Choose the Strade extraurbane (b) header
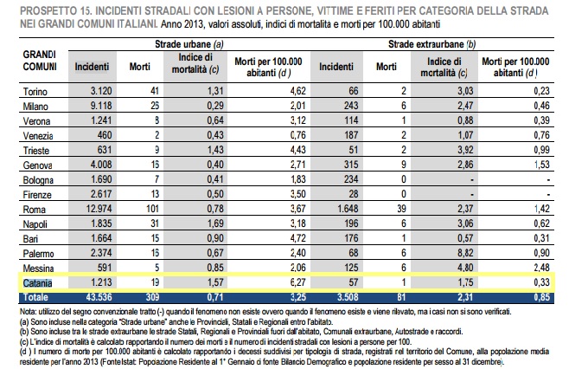tap(432, 42)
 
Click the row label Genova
tap(35, 164)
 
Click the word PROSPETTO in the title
tap(42, 8)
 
